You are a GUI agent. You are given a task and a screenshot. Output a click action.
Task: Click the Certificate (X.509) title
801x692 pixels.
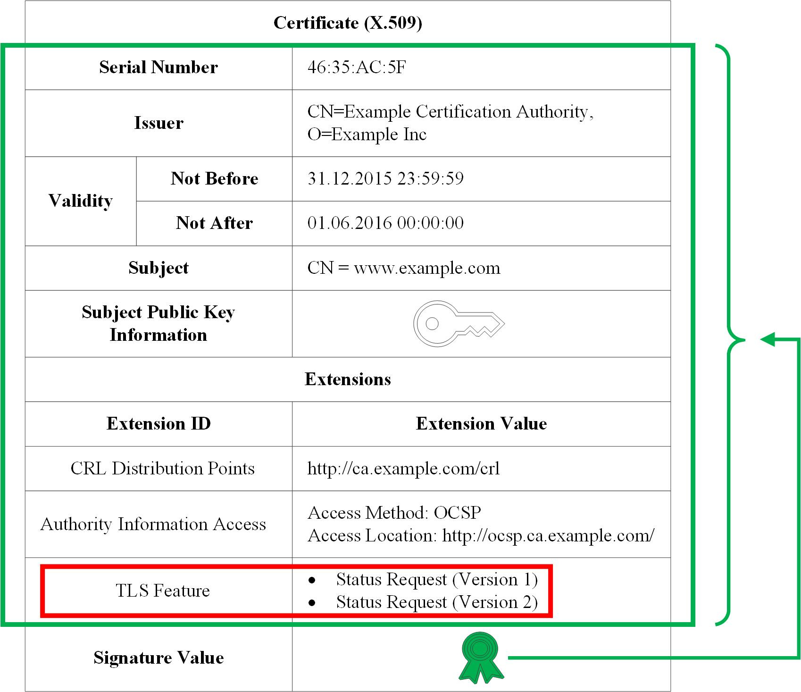(x=348, y=23)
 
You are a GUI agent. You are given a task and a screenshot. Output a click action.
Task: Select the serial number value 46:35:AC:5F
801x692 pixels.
(x=357, y=68)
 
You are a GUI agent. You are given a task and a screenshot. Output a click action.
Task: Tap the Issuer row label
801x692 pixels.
(x=159, y=123)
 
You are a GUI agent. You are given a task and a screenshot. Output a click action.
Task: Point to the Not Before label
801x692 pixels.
(x=214, y=178)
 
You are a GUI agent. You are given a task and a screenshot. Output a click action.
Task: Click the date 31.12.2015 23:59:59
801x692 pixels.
(x=385, y=178)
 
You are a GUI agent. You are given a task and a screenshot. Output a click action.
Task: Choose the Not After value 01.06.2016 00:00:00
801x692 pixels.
(x=385, y=223)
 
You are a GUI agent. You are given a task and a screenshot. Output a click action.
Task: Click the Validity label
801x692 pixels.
(x=81, y=201)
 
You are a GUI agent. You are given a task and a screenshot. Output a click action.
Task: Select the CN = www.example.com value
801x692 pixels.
(x=404, y=268)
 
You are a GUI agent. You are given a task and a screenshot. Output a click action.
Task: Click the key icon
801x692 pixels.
(x=458, y=324)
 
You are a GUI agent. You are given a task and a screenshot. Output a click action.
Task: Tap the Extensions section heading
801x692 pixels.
(x=348, y=379)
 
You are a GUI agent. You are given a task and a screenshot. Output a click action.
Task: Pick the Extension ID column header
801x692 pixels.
(x=159, y=423)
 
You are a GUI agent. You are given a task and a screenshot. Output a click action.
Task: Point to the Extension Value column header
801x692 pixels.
(x=481, y=423)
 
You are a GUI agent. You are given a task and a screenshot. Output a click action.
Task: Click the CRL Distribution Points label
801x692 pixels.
(x=162, y=468)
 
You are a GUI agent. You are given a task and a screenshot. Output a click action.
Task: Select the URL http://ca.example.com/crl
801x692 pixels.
(x=403, y=468)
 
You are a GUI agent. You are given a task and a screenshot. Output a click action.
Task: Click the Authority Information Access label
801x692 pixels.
(x=153, y=524)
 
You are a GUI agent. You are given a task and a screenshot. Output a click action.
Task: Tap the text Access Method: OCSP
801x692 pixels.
(x=394, y=513)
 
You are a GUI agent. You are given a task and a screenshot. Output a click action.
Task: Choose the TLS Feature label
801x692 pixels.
(x=163, y=591)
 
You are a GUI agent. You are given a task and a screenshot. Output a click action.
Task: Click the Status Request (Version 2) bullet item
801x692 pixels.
(x=436, y=602)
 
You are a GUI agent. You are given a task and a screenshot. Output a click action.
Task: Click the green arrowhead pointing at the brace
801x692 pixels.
(x=768, y=339)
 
